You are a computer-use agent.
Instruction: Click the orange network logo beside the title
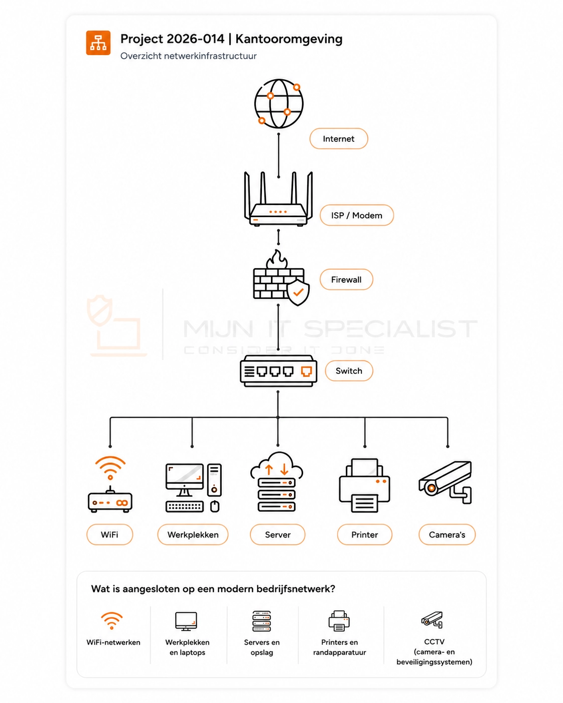98,43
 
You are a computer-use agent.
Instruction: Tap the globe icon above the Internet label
278,104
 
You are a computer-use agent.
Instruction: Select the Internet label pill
339,139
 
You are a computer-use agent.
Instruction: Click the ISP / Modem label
357,215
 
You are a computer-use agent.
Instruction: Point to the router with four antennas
278,199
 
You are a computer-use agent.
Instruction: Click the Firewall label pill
346,280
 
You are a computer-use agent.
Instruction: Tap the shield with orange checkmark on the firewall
298,292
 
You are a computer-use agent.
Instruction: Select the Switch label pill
349,371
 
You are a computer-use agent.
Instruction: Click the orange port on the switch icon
307,371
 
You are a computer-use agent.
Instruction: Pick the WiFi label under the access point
109,535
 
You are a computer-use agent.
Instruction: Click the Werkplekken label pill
193,535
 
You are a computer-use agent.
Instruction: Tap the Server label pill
277,535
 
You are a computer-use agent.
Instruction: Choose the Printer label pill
364,535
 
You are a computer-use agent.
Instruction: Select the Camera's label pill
447,535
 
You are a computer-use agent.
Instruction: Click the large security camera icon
445,482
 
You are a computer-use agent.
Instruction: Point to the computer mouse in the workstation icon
214,506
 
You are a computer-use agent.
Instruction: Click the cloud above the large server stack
276,465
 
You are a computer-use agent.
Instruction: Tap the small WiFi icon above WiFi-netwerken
112,620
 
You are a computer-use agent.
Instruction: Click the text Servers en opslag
262,647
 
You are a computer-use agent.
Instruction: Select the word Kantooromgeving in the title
289,39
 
